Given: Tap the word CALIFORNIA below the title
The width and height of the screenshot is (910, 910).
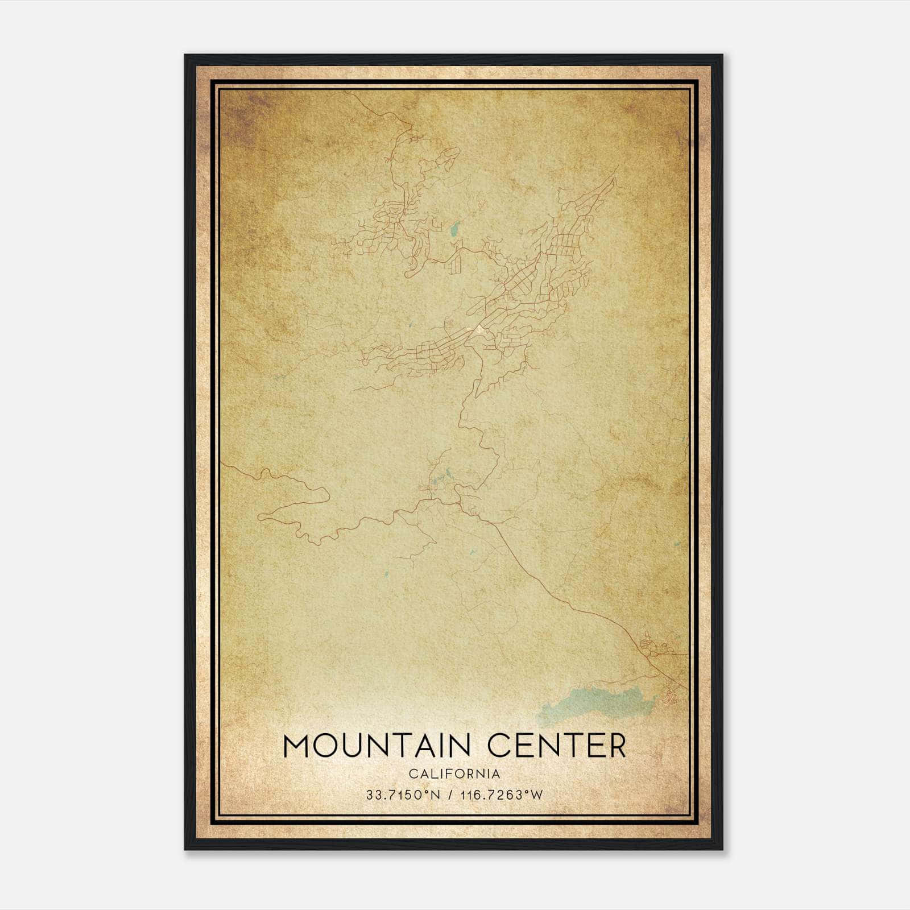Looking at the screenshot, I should (x=454, y=774).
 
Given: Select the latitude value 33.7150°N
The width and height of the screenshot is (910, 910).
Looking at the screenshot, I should (x=404, y=795).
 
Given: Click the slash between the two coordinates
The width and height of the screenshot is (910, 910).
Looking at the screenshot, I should (x=451, y=795).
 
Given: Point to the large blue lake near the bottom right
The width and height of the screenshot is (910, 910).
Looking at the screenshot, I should (x=591, y=702).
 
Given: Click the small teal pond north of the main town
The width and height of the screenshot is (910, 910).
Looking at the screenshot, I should (x=453, y=230).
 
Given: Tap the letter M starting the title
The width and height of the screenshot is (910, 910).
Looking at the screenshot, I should (x=296, y=746).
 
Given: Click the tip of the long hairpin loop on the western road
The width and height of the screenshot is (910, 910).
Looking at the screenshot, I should (x=260, y=516).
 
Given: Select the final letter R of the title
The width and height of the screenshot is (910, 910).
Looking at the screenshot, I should (x=616, y=746).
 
